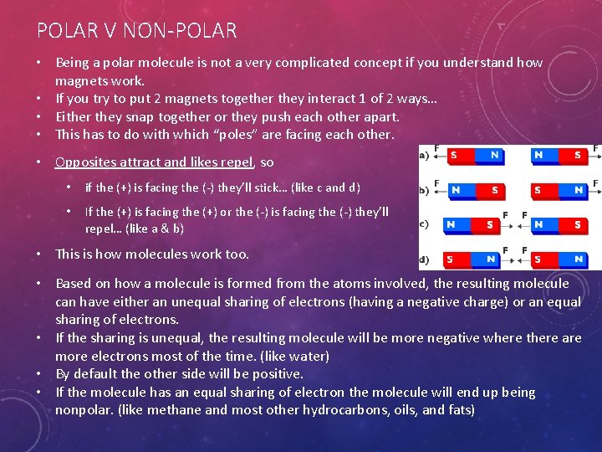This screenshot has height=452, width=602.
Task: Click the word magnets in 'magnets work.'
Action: (83, 80)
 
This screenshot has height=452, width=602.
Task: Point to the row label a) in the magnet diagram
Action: (424, 156)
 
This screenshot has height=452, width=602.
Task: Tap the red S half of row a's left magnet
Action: (454, 155)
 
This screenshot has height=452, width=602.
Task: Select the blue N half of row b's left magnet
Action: (455, 190)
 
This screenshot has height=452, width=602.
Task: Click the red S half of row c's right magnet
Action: (576, 224)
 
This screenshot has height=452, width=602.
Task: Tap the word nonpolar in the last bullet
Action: (82, 410)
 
